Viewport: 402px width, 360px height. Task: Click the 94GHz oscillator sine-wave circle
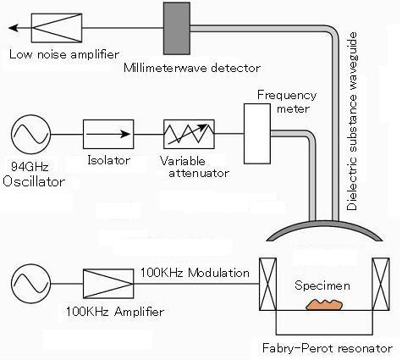31,135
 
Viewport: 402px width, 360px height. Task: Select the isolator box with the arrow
108,134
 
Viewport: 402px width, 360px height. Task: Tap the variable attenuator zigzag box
189,134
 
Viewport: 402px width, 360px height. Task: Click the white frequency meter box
257,134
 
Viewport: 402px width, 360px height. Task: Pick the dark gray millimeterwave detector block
177,28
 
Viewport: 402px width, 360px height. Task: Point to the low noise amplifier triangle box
57,28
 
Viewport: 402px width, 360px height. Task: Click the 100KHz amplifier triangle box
108,284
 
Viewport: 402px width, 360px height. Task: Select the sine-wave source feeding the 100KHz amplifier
31,284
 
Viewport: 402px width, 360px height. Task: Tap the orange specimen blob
324,305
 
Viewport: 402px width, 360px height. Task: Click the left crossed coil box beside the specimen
267,284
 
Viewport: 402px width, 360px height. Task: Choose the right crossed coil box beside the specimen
381,284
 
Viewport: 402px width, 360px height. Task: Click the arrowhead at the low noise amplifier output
14,28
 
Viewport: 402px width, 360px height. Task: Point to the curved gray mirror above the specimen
324,223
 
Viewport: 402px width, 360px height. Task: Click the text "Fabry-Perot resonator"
328,348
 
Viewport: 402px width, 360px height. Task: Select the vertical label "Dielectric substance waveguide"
352,121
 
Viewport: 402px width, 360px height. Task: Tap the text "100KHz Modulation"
195,273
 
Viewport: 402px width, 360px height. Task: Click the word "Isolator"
108,160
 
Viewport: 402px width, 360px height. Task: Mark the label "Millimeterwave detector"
192,68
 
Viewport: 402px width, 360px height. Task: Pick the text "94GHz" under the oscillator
30,167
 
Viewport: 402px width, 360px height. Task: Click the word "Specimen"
322,285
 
